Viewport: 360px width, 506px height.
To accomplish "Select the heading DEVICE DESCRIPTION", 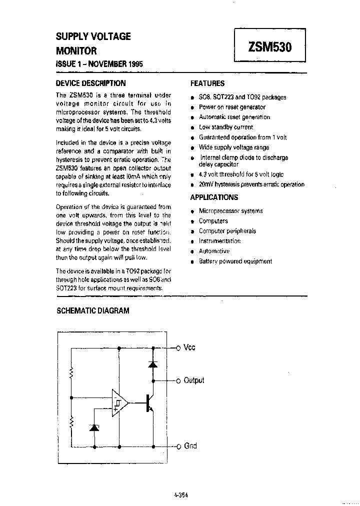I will (x=90, y=83).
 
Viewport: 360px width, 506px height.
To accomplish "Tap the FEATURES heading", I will (x=208, y=83).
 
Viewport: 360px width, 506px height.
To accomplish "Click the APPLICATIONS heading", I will (x=214, y=197).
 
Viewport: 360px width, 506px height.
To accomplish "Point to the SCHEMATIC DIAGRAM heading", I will (x=92, y=310).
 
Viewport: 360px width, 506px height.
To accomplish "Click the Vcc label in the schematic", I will (x=190, y=347).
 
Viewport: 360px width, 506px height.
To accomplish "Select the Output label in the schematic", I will (x=194, y=380).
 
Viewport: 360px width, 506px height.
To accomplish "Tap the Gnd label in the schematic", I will (x=190, y=445).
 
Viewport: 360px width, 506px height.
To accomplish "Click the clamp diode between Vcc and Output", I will (x=153, y=363).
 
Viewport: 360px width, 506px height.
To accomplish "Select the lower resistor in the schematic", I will (x=72, y=422).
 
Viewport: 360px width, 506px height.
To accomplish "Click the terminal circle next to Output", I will (x=177, y=380).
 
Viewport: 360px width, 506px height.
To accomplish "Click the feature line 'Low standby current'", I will (x=226, y=127).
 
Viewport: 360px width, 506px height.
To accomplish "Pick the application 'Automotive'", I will (x=214, y=251).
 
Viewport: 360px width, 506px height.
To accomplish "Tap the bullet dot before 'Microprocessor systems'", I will (x=192, y=211).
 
